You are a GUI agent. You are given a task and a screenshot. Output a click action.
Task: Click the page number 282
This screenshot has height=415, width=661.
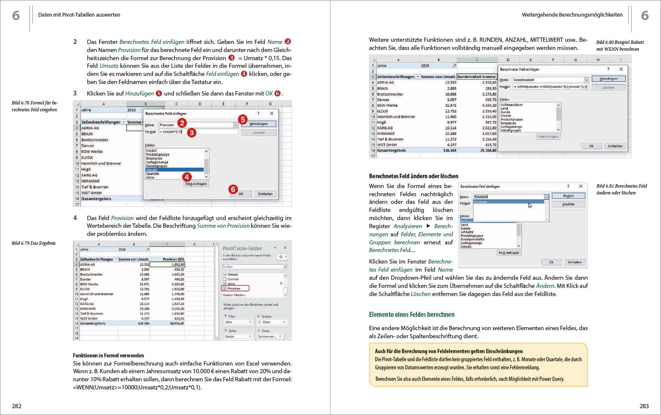[x=17, y=406]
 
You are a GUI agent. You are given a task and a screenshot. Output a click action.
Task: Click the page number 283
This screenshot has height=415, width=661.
[x=644, y=406]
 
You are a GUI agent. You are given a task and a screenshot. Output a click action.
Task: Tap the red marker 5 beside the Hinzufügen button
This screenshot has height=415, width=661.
[x=242, y=119]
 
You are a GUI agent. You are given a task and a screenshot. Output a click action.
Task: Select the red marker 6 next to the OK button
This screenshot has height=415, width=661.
[x=232, y=189]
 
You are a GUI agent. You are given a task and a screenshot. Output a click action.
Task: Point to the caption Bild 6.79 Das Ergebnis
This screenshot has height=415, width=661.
[x=34, y=243]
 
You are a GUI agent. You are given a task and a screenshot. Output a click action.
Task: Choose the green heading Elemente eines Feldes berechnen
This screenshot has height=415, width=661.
[x=411, y=314]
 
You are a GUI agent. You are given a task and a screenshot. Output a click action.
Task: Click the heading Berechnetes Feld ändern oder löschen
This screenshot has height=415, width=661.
[x=413, y=176]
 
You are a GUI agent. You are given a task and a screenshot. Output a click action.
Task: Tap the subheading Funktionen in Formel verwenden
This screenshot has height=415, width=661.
[x=108, y=355]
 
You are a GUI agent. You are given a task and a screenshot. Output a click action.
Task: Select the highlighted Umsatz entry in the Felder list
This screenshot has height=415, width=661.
[x=152, y=170]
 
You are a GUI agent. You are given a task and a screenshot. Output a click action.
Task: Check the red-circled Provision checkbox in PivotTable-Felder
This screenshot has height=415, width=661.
[x=225, y=288]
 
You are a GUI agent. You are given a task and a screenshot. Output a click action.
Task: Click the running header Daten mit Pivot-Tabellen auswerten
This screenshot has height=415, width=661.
[x=79, y=15]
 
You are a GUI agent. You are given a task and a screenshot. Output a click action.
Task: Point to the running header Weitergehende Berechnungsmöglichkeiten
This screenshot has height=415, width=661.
[x=572, y=15]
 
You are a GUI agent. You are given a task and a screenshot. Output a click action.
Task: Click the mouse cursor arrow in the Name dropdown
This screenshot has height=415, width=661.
[x=530, y=205]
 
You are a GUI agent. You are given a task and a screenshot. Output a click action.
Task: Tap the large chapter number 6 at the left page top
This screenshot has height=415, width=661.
[x=16, y=15]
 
